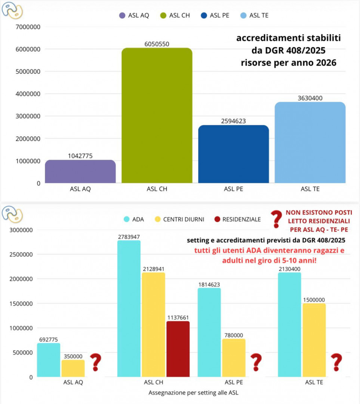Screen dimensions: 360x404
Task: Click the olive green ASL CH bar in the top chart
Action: [157, 116]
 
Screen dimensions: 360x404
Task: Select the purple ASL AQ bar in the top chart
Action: [80, 171]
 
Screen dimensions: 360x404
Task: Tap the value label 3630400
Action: [310, 98]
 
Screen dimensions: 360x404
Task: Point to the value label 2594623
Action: [234, 121]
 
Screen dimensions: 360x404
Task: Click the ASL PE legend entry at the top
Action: [215, 15]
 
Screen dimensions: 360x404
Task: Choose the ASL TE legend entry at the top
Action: [255, 15]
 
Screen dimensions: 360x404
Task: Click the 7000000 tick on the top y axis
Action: [28, 27]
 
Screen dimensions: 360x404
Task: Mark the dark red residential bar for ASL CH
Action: [178, 349]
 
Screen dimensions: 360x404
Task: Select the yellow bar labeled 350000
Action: [73, 368]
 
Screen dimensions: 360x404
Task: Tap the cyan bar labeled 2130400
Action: [289, 325]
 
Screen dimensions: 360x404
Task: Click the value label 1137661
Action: [178, 318]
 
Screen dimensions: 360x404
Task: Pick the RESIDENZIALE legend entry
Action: [238, 219]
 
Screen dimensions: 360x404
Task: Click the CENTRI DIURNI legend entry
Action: [179, 219]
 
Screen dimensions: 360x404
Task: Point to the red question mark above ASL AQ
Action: [96, 362]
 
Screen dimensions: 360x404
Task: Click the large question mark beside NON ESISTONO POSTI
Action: [277, 219]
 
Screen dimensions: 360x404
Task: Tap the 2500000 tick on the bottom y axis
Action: [21, 255]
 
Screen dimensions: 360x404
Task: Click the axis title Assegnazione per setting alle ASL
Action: [193, 393]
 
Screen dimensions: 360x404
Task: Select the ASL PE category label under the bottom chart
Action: [234, 382]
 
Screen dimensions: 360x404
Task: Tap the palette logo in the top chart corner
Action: [12, 10]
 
